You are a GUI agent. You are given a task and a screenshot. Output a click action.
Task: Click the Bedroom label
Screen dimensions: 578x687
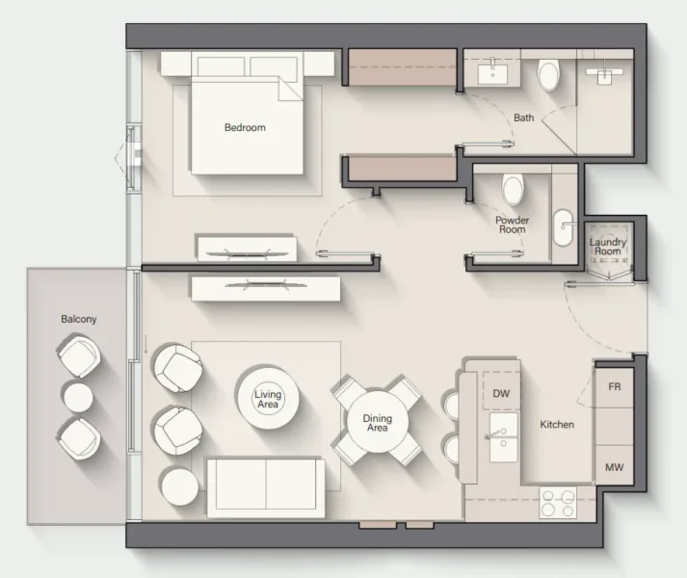click(245, 127)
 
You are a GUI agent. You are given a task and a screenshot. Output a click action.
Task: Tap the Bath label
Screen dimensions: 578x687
click(523, 118)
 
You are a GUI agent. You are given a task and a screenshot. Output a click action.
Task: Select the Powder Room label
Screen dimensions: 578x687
click(512, 224)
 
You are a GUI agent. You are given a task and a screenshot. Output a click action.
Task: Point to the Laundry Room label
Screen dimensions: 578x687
click(607, 247)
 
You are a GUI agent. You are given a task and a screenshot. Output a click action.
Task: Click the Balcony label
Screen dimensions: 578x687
click(79, 319)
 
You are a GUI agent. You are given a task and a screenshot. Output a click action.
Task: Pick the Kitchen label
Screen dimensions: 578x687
click(557, 424)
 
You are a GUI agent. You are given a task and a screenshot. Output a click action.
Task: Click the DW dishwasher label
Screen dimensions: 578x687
click(500, 393)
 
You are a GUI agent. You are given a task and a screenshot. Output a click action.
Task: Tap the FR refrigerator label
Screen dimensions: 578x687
click(613, 387)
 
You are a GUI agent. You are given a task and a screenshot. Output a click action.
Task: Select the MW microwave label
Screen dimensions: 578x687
click(613, 468)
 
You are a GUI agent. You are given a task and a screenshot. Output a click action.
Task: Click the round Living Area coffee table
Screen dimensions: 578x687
click(267, 397)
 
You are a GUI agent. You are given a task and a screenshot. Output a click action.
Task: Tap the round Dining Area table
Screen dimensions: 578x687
click(377, 422)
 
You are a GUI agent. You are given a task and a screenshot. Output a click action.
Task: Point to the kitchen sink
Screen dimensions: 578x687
click(502, 437)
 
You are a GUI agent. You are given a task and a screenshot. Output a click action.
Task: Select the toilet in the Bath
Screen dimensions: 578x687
click(548, 74)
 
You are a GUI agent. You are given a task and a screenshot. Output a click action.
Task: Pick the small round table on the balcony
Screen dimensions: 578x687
click(77, 397)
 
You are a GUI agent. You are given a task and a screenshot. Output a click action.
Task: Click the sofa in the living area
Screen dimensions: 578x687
click(266, 487)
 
